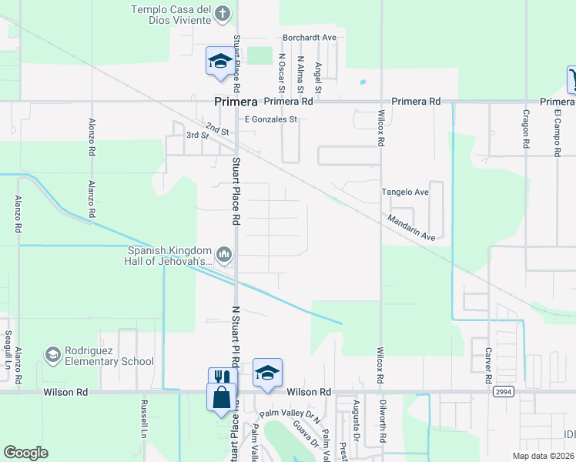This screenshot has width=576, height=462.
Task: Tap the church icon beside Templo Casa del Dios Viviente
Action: [223, 13]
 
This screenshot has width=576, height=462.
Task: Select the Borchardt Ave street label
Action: [310, 37]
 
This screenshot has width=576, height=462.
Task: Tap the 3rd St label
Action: [198, 135]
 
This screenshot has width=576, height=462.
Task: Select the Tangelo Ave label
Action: [405, 192]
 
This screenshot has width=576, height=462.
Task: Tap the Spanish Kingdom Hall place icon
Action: [224, 253]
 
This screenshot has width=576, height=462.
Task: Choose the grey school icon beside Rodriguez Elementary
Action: [53, 354]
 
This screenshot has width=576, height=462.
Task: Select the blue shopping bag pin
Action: [221, 399]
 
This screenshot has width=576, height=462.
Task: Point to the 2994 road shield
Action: [504, 392]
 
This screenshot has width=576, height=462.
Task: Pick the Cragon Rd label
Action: [526, 127]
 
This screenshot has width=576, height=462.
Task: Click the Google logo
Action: [26, 453]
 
